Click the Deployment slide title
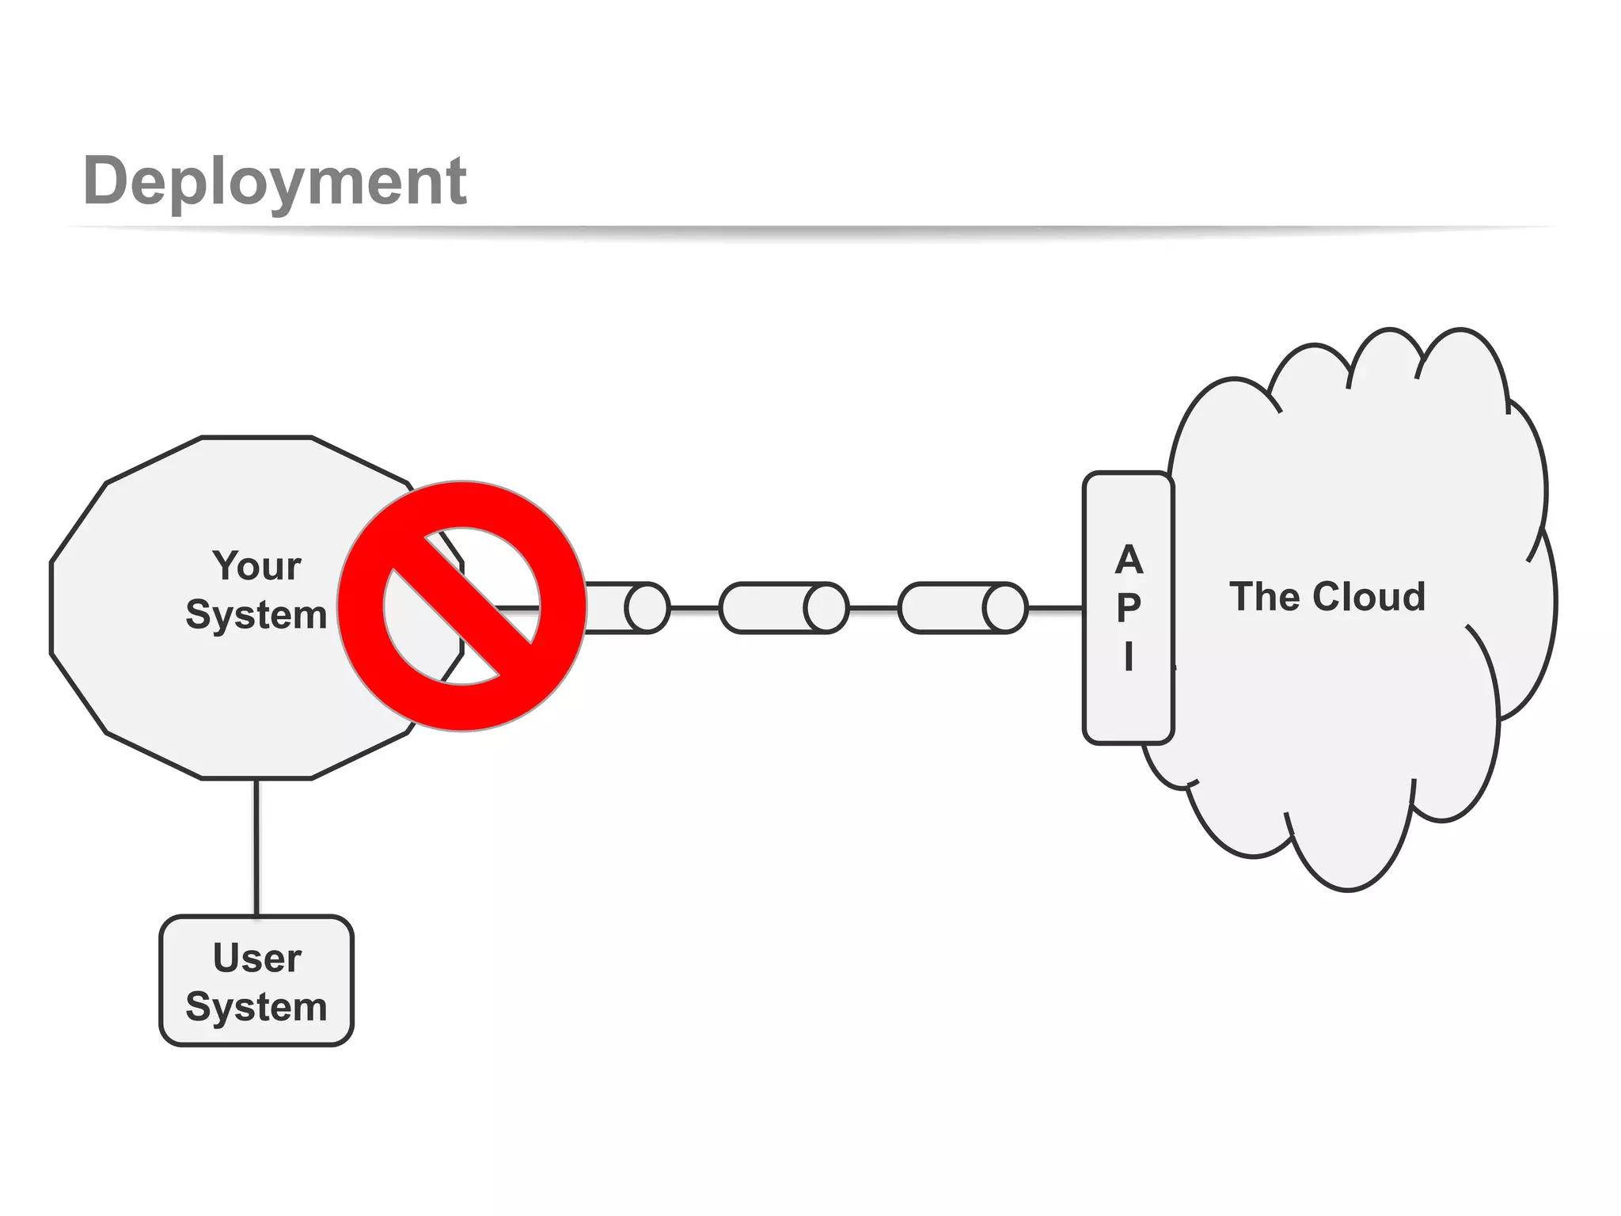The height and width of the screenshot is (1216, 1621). click(x=275, y=181)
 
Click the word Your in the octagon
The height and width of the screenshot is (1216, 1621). click(x=256, y=566)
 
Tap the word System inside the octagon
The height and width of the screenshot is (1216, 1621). click(x=256, y=615)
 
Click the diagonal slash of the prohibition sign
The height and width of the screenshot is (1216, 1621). click(x=462, y=606)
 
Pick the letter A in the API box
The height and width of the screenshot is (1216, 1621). click(x=1129, y=560)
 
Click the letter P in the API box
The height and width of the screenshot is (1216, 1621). click(x=1129, y=608)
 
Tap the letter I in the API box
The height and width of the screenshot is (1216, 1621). click(x=1129, y=656)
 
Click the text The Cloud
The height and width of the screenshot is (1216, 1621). click(x=1327, y=597)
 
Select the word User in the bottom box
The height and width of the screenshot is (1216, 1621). click(x=256, y=958)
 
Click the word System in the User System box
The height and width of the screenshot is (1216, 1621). click(x=256, y=1007)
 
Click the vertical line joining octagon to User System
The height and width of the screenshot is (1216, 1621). click(x=256, y=847)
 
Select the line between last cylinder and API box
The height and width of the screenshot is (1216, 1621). click(x=1055, y=608)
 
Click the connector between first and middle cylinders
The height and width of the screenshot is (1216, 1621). click(x=694, y=608)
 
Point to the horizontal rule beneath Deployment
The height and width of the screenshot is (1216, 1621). click(x=810, y=229)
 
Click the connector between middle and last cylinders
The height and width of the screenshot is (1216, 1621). click(x=873, y=608)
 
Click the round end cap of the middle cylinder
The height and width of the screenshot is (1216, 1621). click(x=826, y=608)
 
